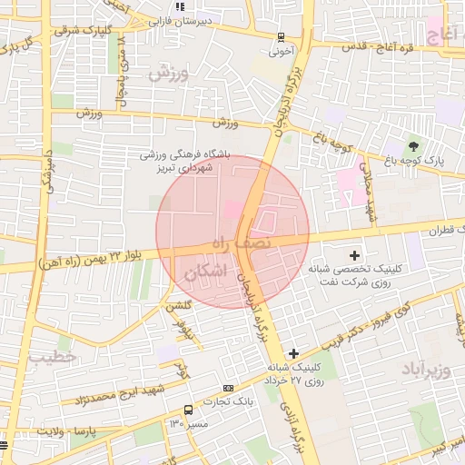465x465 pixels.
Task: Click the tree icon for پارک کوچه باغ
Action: [x=414, y=145]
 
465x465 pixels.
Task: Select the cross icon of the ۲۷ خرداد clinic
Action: [x=292, y=352]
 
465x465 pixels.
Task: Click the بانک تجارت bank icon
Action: [x=228, y=387]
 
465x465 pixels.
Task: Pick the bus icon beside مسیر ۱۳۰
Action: [x=188, y=410]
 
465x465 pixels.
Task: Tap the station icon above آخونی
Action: [x=282, y=37]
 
